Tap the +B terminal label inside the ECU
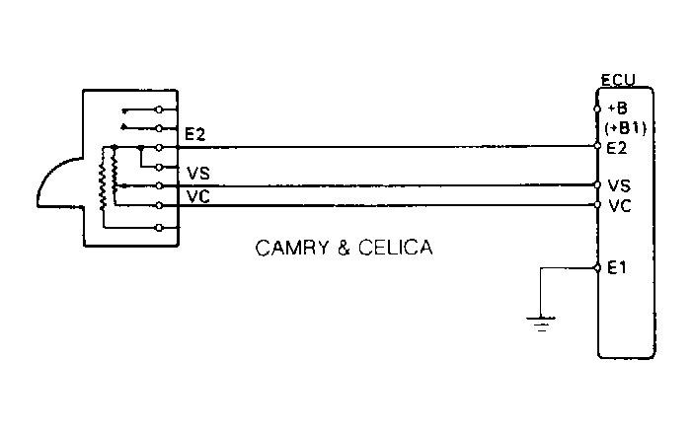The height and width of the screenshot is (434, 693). point(618,108)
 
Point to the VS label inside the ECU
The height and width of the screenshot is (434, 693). point(620,184)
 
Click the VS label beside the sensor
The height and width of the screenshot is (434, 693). point(197,174)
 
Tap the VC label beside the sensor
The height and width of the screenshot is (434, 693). point(197,195)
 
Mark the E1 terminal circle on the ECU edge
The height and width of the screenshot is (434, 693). point(598,268)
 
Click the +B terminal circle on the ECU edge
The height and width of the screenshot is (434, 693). point(598,108)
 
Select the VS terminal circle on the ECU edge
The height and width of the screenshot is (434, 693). point(598,184)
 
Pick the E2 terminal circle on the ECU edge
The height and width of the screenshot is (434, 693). point(598,147)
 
